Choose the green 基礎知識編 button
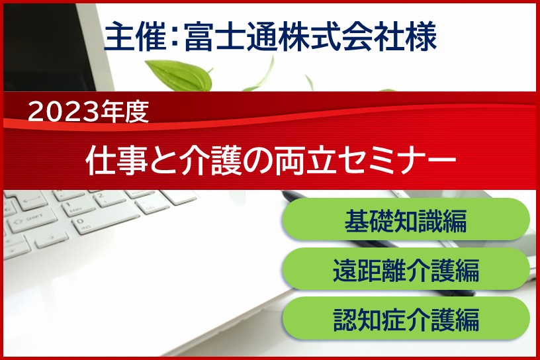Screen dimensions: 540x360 tap(406, 220)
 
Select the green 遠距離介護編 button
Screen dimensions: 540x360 tap(406, 269)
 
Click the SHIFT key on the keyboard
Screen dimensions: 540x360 tap(32, 220)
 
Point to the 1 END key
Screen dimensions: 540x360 tap(80, 206)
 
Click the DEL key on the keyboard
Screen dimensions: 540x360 tap(152, 206)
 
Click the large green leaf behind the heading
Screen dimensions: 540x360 tap(179, 75)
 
